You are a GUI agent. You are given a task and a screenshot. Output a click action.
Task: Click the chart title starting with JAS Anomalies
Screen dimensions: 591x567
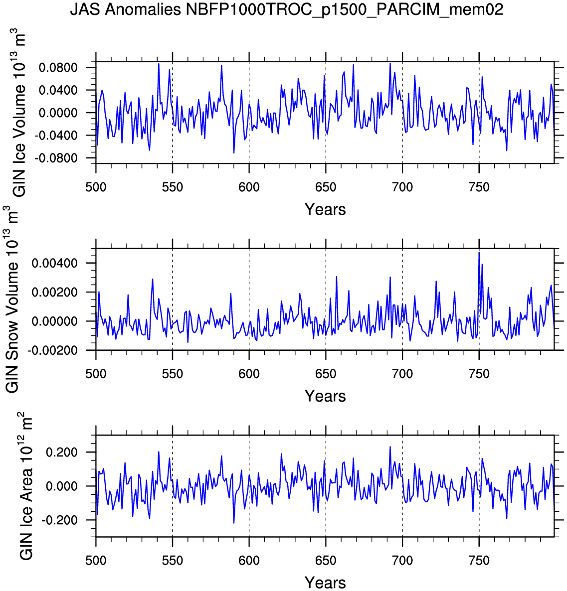pyautogui.click(x=286, y=10)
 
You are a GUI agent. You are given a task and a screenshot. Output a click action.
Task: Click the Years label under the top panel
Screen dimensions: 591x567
pyautogui.click(x=325, y=209)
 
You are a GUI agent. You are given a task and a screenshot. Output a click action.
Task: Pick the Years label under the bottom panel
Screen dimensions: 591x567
pyautogui.click(x=325, y=582)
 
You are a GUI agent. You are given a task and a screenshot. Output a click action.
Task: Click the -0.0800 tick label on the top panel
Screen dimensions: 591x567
pyautogui.click(x=58, y=158)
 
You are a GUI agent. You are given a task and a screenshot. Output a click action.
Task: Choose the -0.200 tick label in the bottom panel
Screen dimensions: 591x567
pyautogui.click(x=62, y=520)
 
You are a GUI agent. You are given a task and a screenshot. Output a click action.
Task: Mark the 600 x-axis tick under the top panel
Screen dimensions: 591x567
pyautogui.click(x=249, y=187)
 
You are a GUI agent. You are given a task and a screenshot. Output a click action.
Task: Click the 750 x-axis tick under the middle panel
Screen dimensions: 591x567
pyautogui.click(x=479, y=374)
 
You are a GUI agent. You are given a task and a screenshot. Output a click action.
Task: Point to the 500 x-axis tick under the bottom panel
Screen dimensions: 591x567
pyautogui.click(x=96, y=560)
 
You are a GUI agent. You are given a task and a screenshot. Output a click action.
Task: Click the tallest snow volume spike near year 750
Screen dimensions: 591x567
pyautogui.click(x=479, y=253)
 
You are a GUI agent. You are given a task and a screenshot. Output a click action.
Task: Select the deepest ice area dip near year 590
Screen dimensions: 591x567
pyautogui.click(x=233, y=522)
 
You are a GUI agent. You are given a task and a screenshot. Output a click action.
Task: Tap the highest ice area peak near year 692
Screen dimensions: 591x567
pyautogui.click(x=390, y=447)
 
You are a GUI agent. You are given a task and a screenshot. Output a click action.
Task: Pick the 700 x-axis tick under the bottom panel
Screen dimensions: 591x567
pyautogui.click(x=402, y=560)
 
